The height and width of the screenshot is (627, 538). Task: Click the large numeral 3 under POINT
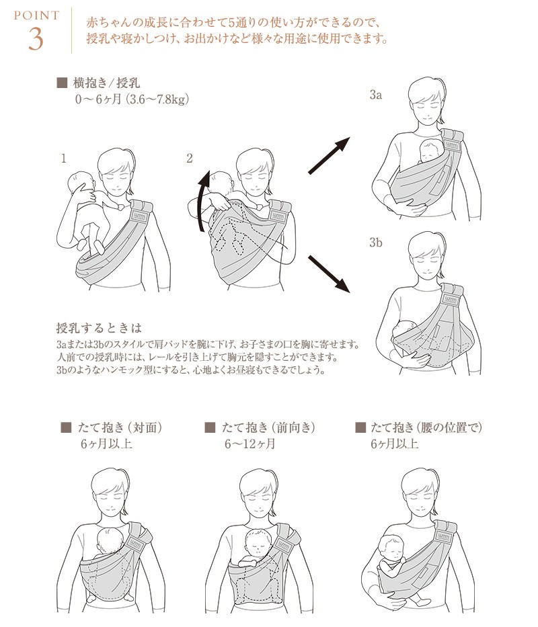[x=36, y=39]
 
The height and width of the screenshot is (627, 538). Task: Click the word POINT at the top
[x=36, y=15]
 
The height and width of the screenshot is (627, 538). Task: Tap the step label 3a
[x=375, y=95]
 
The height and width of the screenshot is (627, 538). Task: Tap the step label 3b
[x=375, y=243]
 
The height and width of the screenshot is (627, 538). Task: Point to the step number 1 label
[x=63, y=159]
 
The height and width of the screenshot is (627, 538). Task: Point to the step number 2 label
[x=190, y=159]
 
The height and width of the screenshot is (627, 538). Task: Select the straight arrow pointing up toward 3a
[x=329, y=155]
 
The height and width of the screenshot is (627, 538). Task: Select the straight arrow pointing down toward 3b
[x=329, y=274]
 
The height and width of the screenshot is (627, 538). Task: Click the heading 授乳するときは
[x=99, y=329]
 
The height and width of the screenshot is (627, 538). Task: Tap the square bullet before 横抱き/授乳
[x=62, y=83]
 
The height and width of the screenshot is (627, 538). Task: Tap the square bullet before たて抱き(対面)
[x=66, y=427]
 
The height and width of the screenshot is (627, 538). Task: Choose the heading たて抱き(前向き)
[x=268, y=427]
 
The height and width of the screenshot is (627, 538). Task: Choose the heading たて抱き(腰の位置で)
[x=426, y=427]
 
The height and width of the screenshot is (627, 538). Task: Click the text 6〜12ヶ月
[x=249, y=444]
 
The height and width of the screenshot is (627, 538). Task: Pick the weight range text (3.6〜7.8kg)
[x=157, y=99]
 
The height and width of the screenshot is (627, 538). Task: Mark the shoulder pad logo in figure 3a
[x=451, y=146]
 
